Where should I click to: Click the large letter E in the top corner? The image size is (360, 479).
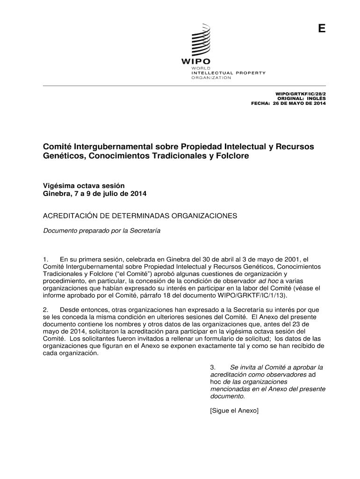coord(321,29)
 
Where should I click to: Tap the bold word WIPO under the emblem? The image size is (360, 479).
coord(196,62)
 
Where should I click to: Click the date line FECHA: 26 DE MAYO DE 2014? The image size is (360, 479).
coord(288,103)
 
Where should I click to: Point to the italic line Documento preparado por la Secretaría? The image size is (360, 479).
coord(102,231)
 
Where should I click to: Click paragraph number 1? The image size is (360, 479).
coord(45,259)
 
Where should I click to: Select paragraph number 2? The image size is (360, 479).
coord(45,310)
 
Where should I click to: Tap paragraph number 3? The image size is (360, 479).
coord(213,367)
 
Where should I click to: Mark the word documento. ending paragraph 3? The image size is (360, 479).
coord(228,396)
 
